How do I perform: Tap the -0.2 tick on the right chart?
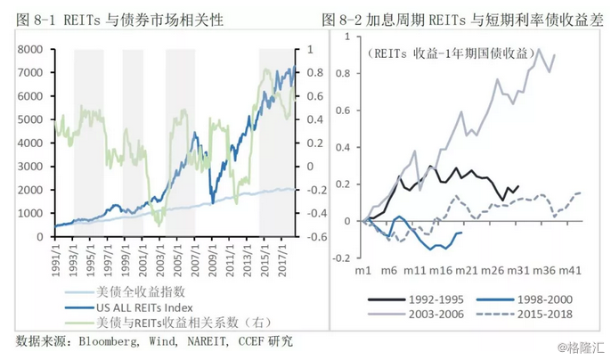pyautogui.click(x=341, y=258)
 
